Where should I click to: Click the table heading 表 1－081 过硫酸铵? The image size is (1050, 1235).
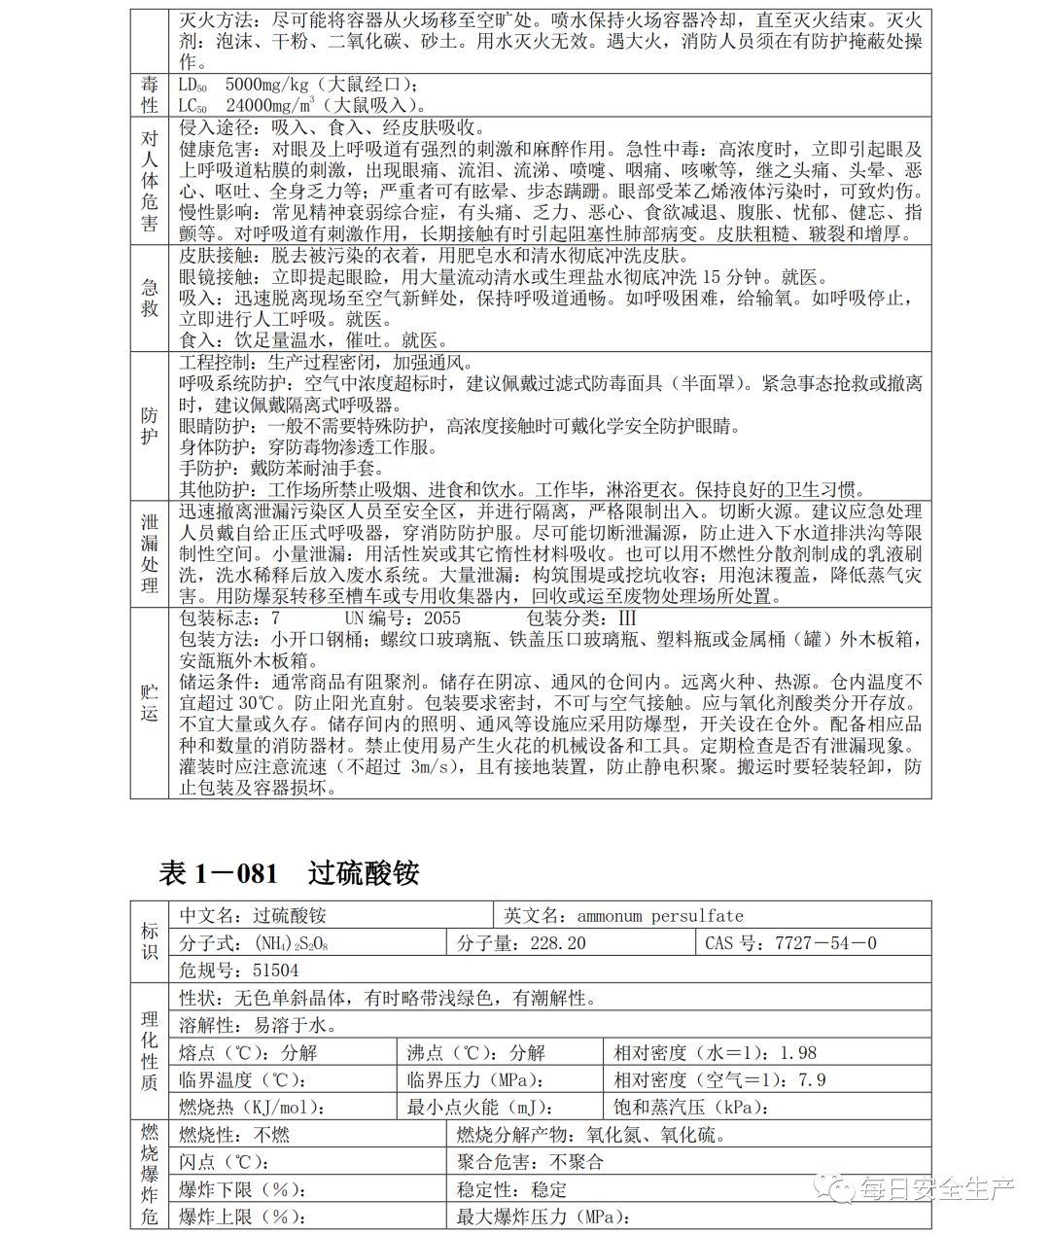pos(289,872)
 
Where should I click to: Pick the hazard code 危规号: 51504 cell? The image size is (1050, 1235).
pos(239,970)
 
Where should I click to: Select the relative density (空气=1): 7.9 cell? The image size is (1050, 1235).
pos(719,1079)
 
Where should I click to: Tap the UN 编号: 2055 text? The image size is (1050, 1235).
pos(402,618)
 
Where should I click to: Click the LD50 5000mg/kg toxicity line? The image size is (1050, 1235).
pos(299,85)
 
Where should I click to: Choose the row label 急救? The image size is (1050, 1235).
pos(150,298)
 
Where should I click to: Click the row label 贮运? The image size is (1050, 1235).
pos(150,702)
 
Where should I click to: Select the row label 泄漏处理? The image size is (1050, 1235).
pos(150,553)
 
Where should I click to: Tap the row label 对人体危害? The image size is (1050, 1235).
pos(150,181)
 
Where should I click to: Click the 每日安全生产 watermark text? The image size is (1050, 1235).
pos(936,1187)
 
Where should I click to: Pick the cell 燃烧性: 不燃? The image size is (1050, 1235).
pos(234,1135)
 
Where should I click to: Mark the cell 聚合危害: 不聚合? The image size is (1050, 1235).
pos(530,1162)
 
